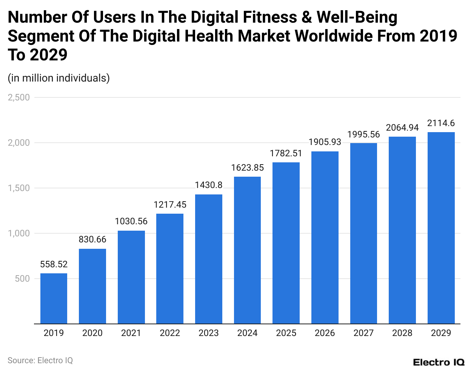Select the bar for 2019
click(54, 298)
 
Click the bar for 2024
click(247, 250)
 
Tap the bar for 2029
click(441, 228)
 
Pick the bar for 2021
click(131, 277)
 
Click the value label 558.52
click(54, 264)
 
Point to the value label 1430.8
click(208, 185)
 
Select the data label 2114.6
click(441, 123)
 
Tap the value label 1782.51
click(286, 153)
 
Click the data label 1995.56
click(363, 134)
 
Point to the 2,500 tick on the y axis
click(18, 97)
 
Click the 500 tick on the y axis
click(22, 279)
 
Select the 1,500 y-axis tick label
click(18, 188)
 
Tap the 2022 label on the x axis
click(170, 333)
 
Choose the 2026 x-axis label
click(325, 333)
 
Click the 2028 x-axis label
click(402, 333)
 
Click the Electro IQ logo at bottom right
click(439, 362)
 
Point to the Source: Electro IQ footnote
click(40, 361)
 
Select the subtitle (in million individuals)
click(58, 78)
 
